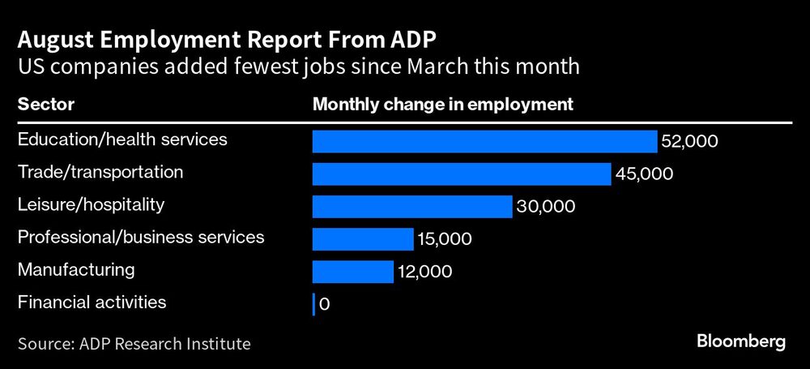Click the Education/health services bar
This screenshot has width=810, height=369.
484,141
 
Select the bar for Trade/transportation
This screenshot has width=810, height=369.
462,174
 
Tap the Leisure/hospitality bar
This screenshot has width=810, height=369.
412,206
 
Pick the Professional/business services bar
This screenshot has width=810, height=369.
363,238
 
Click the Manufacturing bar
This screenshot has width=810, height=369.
353,271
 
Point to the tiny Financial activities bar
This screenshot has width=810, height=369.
313,304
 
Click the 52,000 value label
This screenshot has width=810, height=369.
689,142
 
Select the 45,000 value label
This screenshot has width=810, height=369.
644,174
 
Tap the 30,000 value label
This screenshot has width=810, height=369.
546,207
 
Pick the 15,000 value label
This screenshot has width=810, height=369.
445,239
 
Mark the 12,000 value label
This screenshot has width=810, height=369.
425,272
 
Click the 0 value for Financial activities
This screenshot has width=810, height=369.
325,305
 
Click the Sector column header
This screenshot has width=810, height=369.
45,105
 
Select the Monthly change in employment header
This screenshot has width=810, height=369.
443,105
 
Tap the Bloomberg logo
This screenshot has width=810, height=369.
740,341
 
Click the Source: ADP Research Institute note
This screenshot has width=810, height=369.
134,344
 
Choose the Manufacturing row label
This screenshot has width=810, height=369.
76,269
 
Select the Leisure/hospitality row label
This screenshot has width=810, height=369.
91,204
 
